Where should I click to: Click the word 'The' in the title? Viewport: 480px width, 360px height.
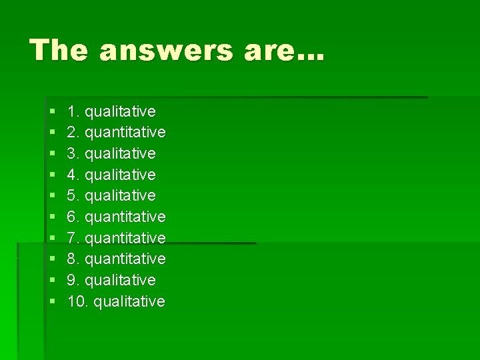coord(59,50)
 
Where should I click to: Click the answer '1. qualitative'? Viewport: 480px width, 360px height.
coord(111,111)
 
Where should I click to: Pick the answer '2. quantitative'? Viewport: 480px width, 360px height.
coord(116,133)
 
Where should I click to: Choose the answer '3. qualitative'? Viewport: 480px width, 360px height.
coord(111,153)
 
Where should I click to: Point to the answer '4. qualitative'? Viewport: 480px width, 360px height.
coord(111,175)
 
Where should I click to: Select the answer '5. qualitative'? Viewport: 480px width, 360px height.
coord(111,195)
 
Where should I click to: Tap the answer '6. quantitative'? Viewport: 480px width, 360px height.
coord(116,217)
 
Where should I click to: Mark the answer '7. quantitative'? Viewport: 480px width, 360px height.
coord(116,238)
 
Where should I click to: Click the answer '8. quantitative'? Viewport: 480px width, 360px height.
coord(116,259)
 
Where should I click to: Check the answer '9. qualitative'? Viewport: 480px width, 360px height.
coord(111,280)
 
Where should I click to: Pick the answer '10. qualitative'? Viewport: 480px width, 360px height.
coord(116,301)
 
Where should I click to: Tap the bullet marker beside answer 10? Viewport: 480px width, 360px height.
coord(52,302)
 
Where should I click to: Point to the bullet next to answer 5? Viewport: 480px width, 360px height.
coord(52,196)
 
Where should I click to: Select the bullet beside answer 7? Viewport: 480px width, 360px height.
coord(52,239)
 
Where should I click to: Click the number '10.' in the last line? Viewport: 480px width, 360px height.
coord(78,301)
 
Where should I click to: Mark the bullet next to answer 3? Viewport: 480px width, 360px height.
coord(52,154)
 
